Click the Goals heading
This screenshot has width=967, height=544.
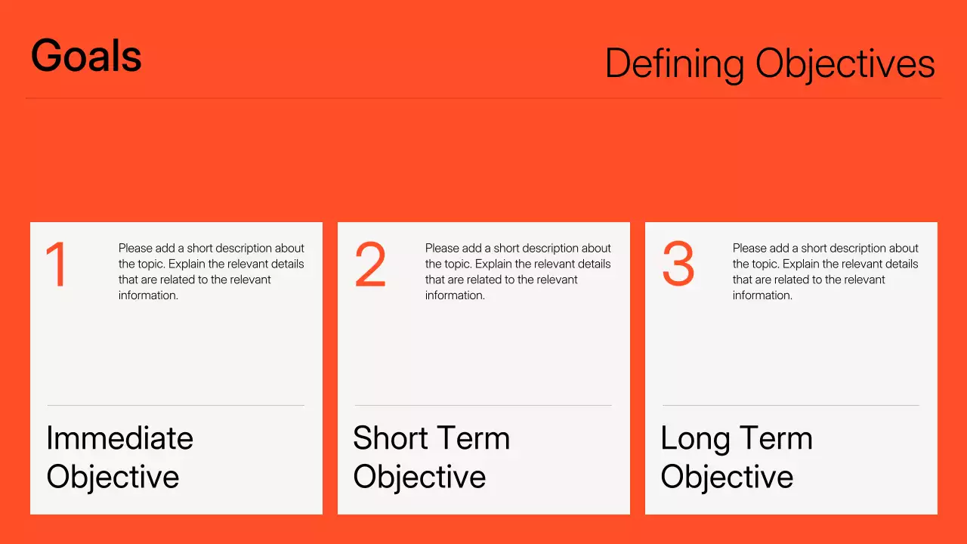click(x=86, y=56)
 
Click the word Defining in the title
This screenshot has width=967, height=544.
click(x=674, y=63)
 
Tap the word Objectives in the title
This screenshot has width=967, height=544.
click(x=845, y=63)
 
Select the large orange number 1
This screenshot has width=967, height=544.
click(x=57, y=264)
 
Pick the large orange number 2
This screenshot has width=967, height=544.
click(x=370, y=264)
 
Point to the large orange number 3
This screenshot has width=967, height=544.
click(x=678, y=264)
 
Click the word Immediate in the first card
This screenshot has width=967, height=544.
click(x=119, y=438)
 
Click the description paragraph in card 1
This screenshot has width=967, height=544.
click(x=211, y=271)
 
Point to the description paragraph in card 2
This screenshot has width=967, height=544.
click(x=517, y=271)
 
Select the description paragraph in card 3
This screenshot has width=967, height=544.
click(x=825, y=271)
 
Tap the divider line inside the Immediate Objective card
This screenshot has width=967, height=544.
click(x=176, y=406)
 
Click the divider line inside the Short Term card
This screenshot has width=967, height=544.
click(x=483, y=406)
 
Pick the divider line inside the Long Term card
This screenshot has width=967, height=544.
click(x=791, y=406)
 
